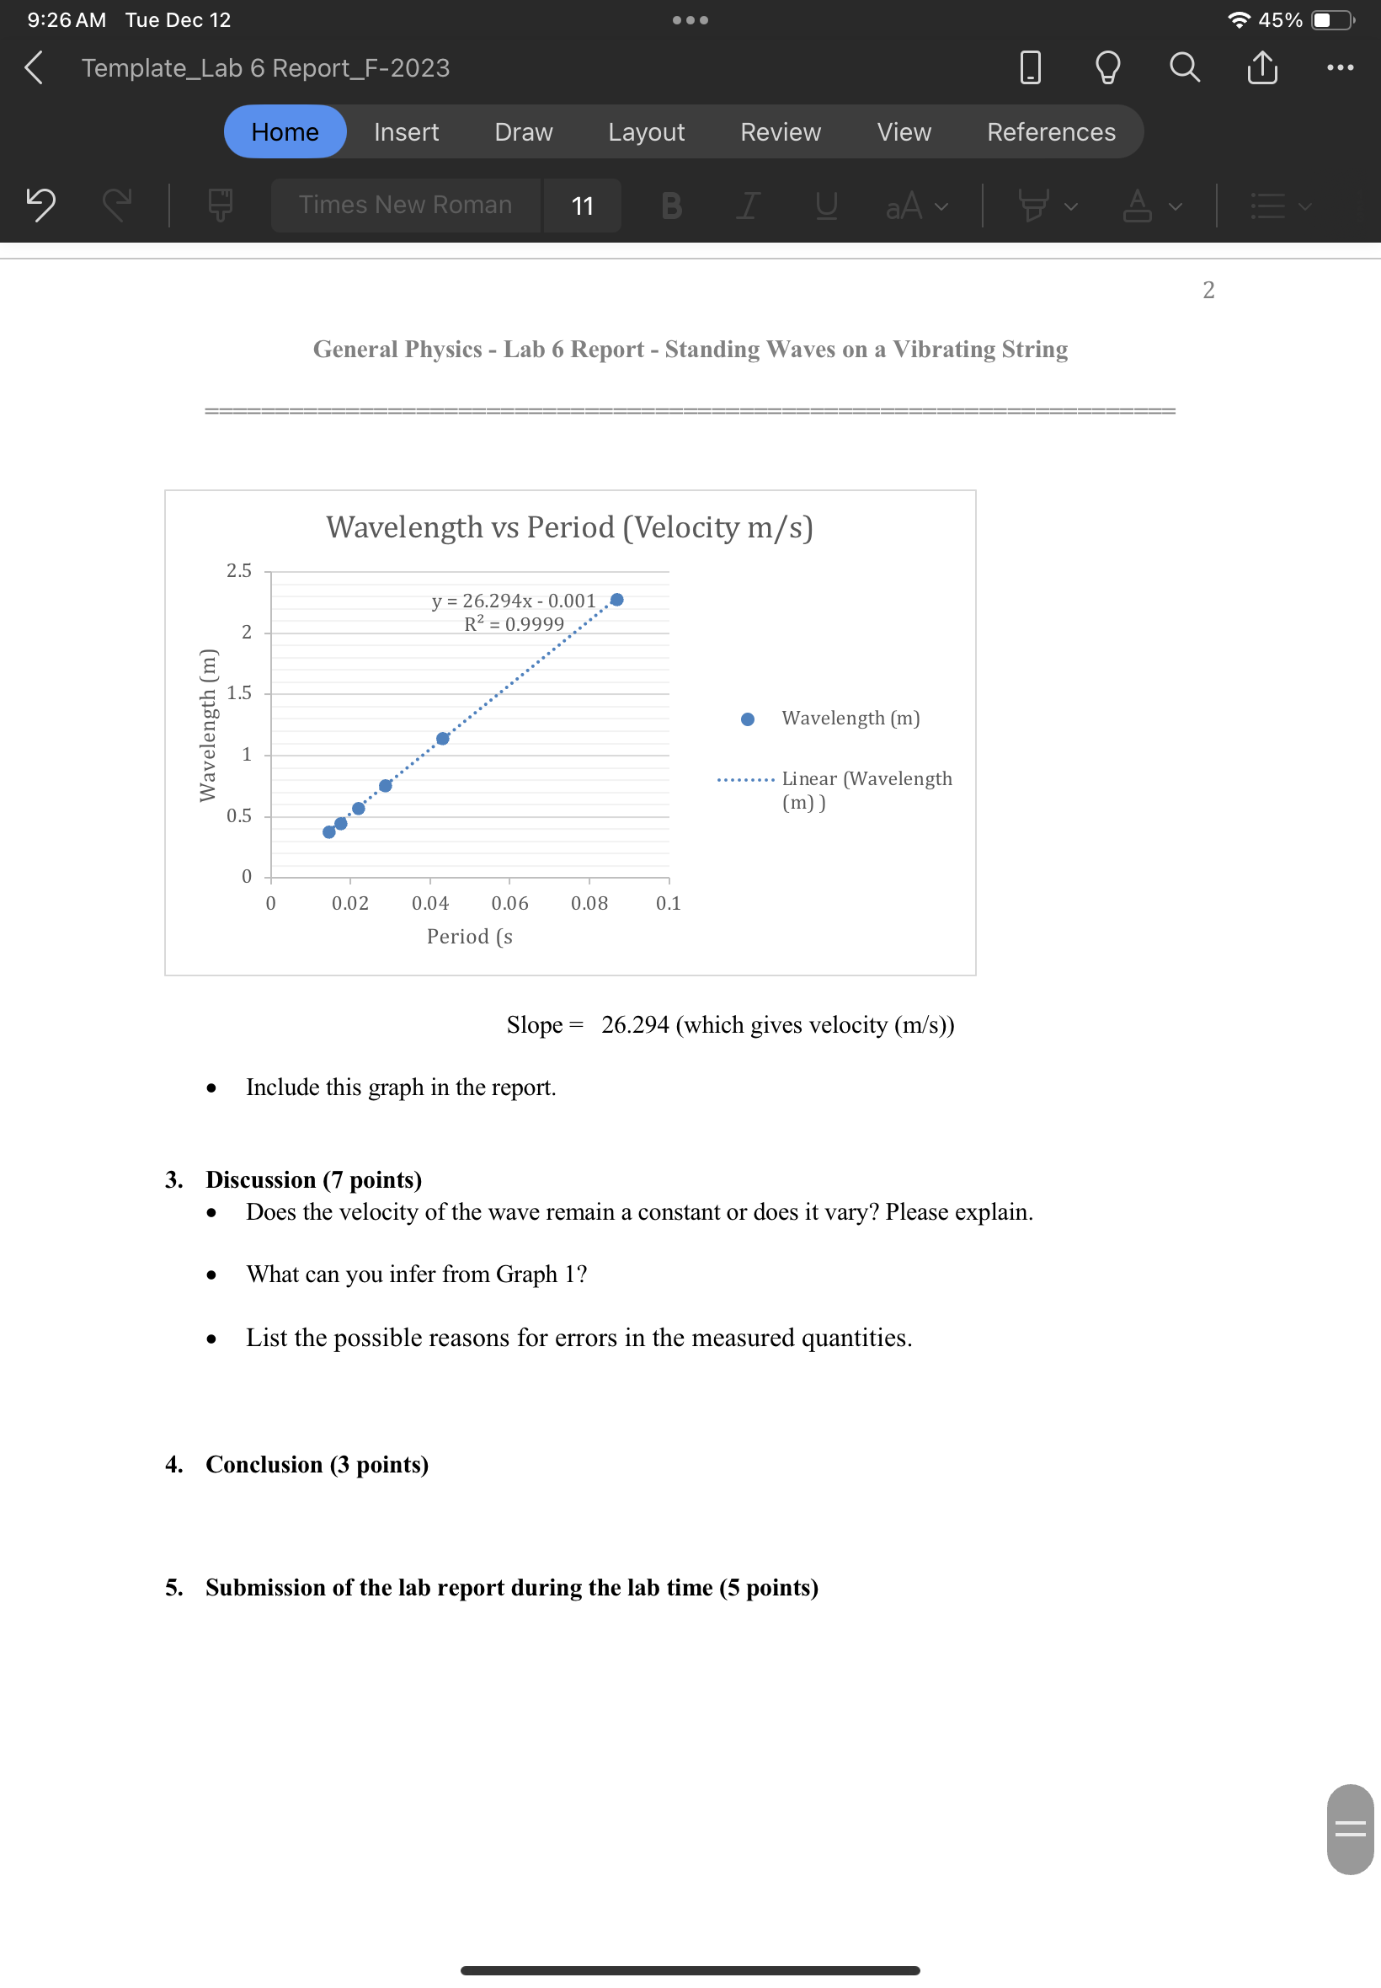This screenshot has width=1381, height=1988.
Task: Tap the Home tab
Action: tap(285, 131)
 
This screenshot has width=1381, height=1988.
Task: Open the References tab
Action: tap(1050, 131)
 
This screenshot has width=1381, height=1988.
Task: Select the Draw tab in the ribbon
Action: tap(523, 131)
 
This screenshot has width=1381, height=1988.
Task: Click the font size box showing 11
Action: tap(583, 206)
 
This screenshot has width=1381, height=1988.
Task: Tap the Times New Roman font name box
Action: tap(405, 206)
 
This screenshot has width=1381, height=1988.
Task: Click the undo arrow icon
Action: tap(40, 206)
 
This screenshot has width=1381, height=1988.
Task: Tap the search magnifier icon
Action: tap(1184, 67)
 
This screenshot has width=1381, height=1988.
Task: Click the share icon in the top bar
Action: tap(1261, 67)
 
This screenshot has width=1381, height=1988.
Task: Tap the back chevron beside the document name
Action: tap(34, 67)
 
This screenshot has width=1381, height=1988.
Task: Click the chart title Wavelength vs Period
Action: tap(569, 527)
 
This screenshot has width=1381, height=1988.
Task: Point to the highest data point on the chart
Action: tap(617, 600)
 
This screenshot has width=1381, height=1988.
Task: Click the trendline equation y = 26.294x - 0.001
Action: tap(514, 601)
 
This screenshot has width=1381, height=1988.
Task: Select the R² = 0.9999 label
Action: tap(514, 624)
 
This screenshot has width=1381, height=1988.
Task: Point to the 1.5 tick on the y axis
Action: tap(239, 693)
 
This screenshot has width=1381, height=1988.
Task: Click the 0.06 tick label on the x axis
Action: tap(509, 903)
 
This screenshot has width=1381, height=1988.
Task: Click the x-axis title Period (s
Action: tap(470, 937)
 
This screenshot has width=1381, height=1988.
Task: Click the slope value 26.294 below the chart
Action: tap(635, 1024)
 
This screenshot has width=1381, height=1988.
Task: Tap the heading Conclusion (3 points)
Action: tap(317, 1464)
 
